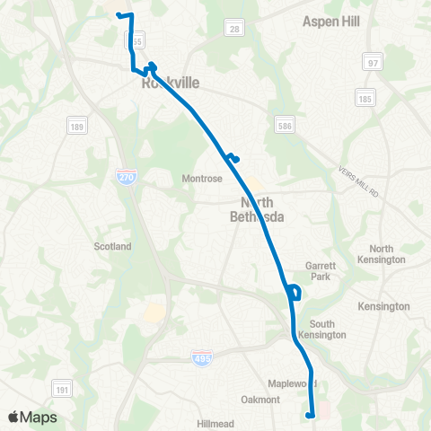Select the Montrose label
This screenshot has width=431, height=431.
pyautogui.click(x=201, y=178)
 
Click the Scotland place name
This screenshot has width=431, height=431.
pyautogui.click(x=112, y=246)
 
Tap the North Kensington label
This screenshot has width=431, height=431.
pyautogui.click(x=387, y=254)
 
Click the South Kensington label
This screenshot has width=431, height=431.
pyautogui.click(x=328, y=330)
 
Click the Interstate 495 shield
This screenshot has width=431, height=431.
pyautogui.click(x=203, y=360)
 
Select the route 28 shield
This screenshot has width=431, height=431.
pyautogui.click(x=233, y=29)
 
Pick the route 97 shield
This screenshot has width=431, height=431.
pyautogui.click(x=373, y=63)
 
